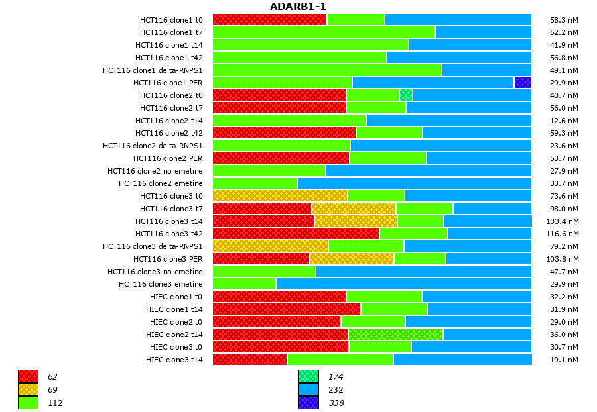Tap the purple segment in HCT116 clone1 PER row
523,83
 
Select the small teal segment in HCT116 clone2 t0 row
406,95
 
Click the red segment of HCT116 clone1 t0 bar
269,20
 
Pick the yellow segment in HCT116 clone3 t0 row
280,196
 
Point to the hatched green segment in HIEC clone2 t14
395,335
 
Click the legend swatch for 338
308,403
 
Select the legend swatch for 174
308,376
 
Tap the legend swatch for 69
28,389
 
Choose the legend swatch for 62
28,376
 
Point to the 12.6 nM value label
564,121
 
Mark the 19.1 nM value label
564,360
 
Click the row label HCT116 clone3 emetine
161,284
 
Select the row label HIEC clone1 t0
174,297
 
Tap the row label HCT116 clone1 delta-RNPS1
153,70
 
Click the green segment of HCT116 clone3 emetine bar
244,284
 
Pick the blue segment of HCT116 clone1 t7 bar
483,32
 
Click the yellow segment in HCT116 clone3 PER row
352,259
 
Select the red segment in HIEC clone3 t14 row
249,360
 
